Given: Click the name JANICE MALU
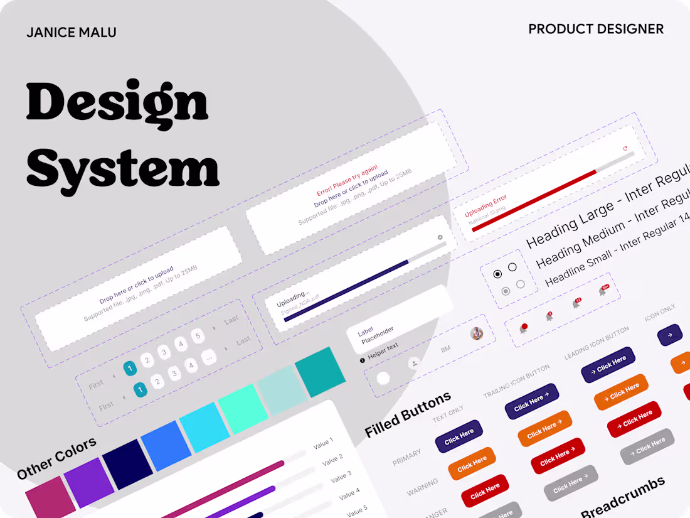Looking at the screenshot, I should tap(71, 33).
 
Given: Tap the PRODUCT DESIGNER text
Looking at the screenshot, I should tap(595, 29).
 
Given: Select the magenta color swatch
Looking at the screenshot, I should tap(51, 497).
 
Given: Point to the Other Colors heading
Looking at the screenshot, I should tap(57, 458).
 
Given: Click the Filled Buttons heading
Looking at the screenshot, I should tap(408, 414).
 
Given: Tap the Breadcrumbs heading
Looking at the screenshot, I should tap(622, 497).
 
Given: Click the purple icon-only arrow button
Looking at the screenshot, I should tap(669, 335).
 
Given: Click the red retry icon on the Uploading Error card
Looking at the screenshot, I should tap(625, 149).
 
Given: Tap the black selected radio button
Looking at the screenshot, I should tap(497, 274).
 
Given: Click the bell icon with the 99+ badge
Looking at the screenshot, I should tap(603, 291).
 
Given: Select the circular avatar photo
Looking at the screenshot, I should tap(477, 333).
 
